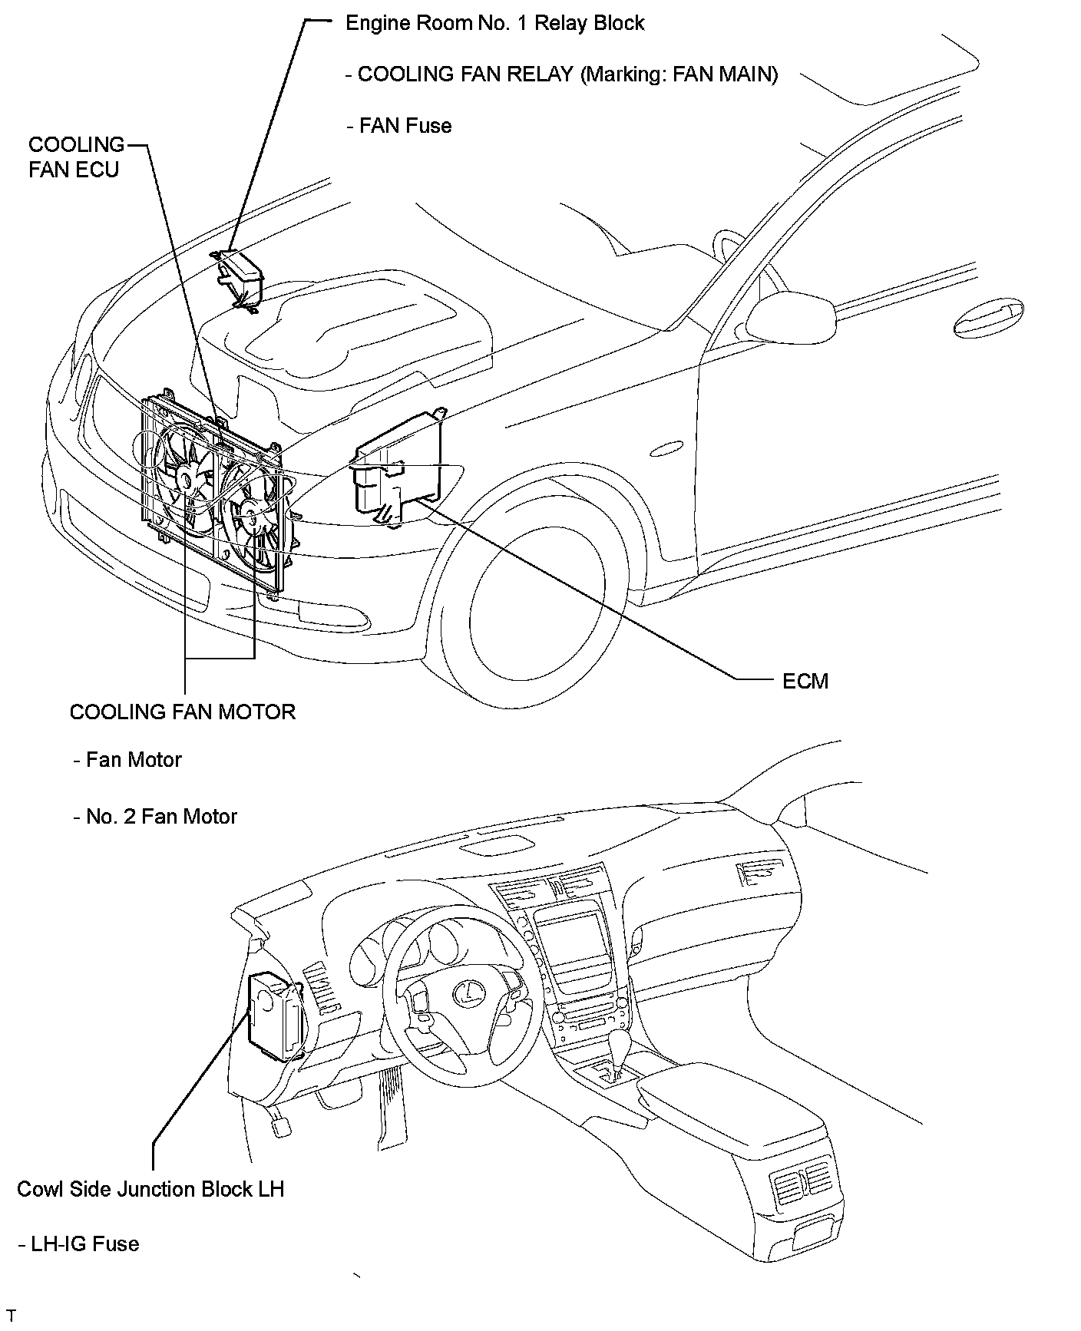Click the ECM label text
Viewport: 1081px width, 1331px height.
point(805,681)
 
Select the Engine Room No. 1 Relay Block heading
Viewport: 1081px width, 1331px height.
point(495,23)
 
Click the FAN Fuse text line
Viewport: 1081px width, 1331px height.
point(399,126)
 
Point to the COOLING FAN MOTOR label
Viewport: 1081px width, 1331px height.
point(183,712)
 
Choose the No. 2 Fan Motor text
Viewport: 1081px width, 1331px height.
point(156,816)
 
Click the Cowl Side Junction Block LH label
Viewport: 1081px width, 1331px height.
point(150,1189)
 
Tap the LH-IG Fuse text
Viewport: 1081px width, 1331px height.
point(78,1243)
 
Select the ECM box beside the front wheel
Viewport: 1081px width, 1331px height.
point(398,470)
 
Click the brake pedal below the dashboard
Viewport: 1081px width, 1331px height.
point(281,1126)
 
